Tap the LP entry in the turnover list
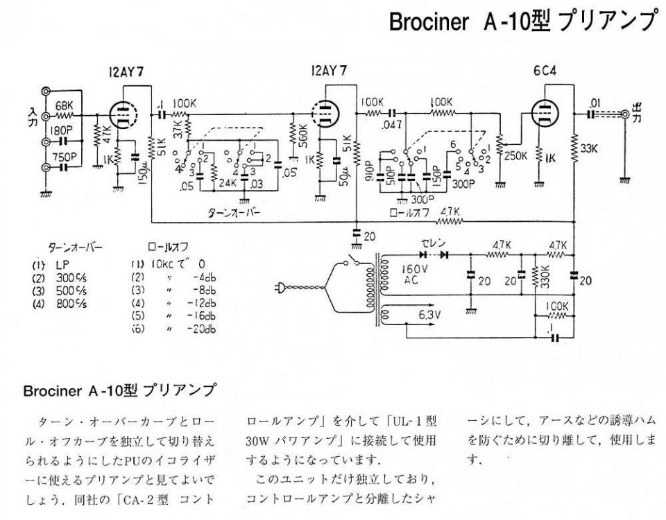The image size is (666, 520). coord(62,265)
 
